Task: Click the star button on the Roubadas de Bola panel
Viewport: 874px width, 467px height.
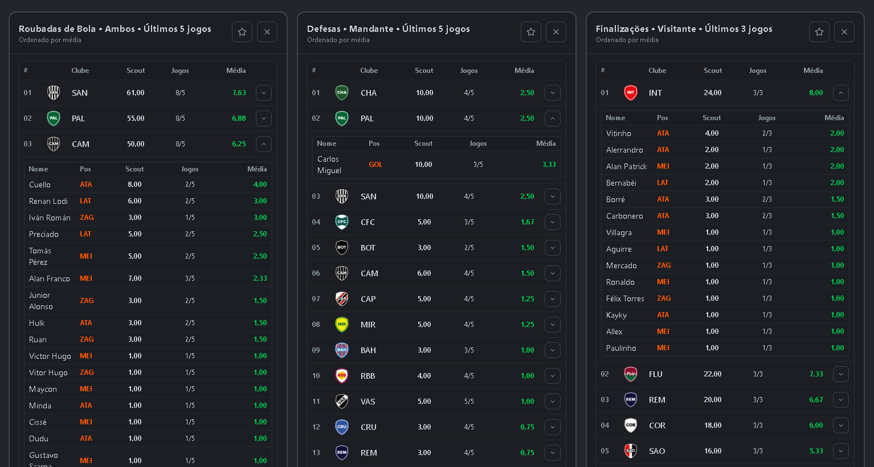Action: click(x=242, y=32)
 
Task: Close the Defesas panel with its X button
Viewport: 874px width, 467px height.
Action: click(x=556, y=32)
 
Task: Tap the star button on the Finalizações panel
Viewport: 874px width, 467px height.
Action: click(x=819, y=32)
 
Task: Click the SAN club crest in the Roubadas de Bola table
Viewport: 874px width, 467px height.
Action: click(x=54, y=93)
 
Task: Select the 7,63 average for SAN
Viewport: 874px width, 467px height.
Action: click(x=239, y=93)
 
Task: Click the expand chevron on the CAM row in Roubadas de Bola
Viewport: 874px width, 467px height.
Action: click(x=264, y=144)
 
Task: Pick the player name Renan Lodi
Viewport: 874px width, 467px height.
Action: click(x=48, y=201)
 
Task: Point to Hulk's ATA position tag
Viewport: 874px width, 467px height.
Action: click(x=86, y=323)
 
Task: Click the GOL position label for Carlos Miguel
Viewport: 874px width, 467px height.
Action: click(x=375, y=165)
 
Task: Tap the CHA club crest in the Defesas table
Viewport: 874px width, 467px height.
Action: click(x=342, y=93)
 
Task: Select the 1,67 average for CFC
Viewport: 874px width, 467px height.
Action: click(x=528, y=222)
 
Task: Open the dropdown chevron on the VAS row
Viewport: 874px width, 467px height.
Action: click(x=553, y=402)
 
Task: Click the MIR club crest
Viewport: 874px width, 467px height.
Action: click(x=342, y=325)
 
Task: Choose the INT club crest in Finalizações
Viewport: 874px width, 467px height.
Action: click(x=631, y=93)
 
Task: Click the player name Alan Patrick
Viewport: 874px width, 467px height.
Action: click(x=627, y=166)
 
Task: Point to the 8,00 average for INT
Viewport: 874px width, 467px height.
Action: click(x=816, y=93)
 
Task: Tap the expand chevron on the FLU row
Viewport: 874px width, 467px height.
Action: click(x=841, y=374)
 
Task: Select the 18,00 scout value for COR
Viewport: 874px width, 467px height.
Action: click(x=713, y=425)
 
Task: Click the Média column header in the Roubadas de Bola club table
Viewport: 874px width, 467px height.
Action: click(x=236, y=71)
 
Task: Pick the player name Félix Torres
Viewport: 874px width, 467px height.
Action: click(x=625, y=298)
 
